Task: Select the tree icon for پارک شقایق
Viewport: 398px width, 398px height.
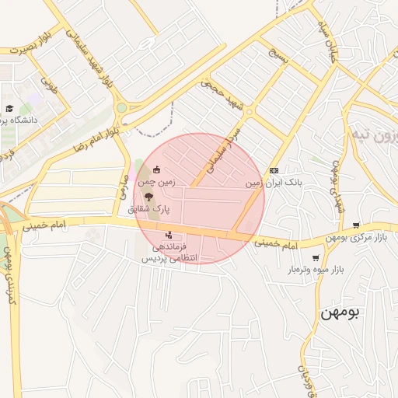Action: tap(148, 197)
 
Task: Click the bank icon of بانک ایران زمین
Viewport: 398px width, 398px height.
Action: tap(273, 170)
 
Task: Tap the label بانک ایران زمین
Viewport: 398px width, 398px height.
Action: tap(272, 183)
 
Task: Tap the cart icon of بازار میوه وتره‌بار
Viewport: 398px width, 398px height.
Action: tap(315, 257)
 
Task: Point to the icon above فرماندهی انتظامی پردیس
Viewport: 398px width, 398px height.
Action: tap(169, 235)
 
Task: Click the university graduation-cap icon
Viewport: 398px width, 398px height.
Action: tap(9, 109)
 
